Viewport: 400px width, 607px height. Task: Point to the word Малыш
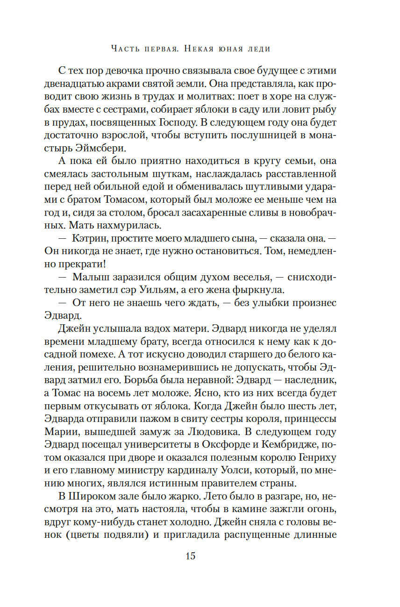pos(89,277)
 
